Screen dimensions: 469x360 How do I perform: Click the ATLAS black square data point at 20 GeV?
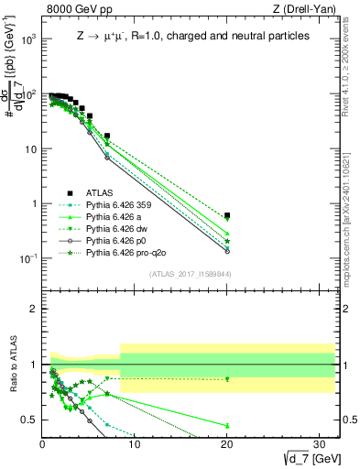click(x=227, y=216)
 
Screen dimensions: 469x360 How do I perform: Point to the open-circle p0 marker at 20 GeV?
click(x=227, y=251)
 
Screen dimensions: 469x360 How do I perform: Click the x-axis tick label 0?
click(x=42, y=446)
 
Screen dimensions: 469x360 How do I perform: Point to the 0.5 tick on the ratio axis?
click(x=27, y=420)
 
